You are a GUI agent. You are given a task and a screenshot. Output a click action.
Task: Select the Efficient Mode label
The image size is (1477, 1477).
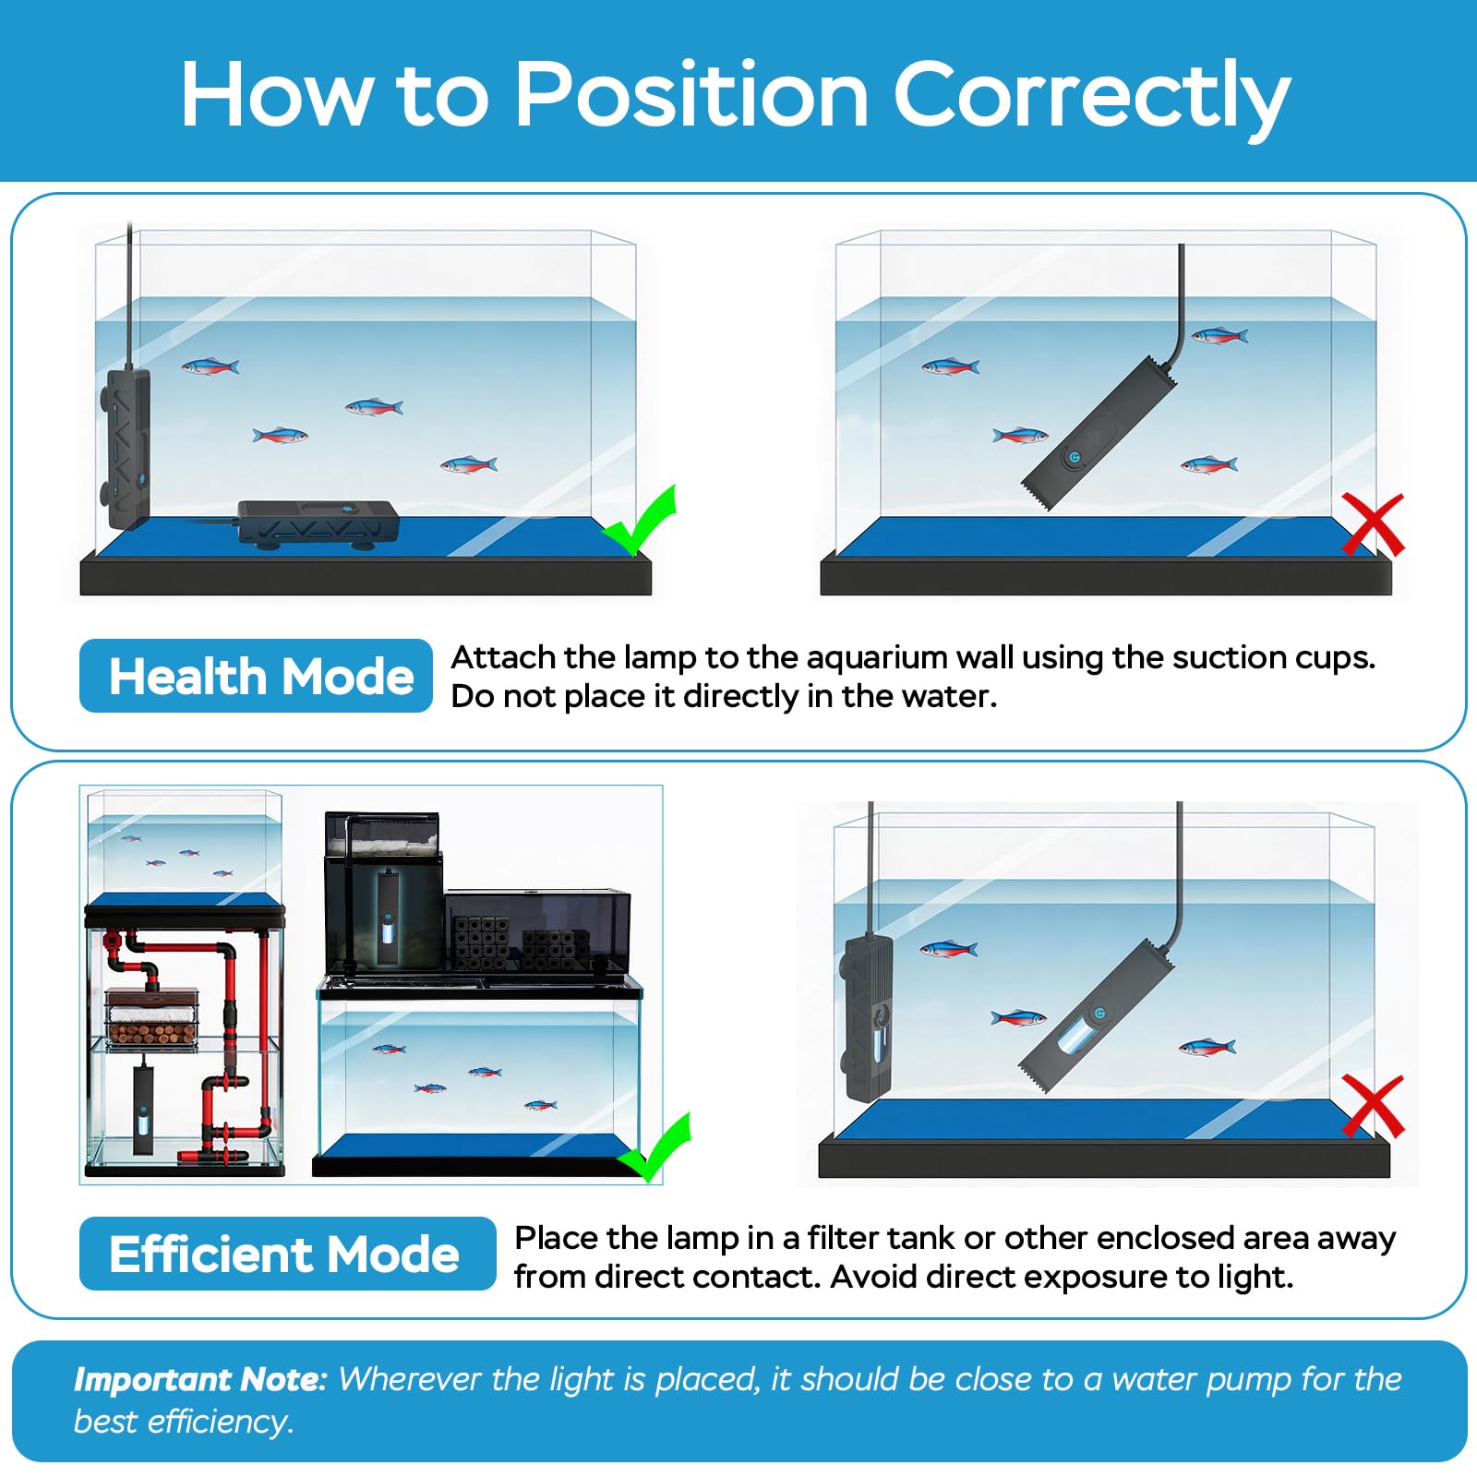(287, 1254)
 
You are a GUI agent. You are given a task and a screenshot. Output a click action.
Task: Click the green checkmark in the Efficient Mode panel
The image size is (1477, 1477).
(654, 1147)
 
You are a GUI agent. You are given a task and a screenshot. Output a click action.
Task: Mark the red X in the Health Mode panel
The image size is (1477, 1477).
(1373, 523)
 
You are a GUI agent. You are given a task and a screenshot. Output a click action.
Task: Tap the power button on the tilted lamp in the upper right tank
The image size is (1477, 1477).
(1074, 457)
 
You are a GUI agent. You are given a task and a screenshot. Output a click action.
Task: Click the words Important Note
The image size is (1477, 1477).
(200, 1379)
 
